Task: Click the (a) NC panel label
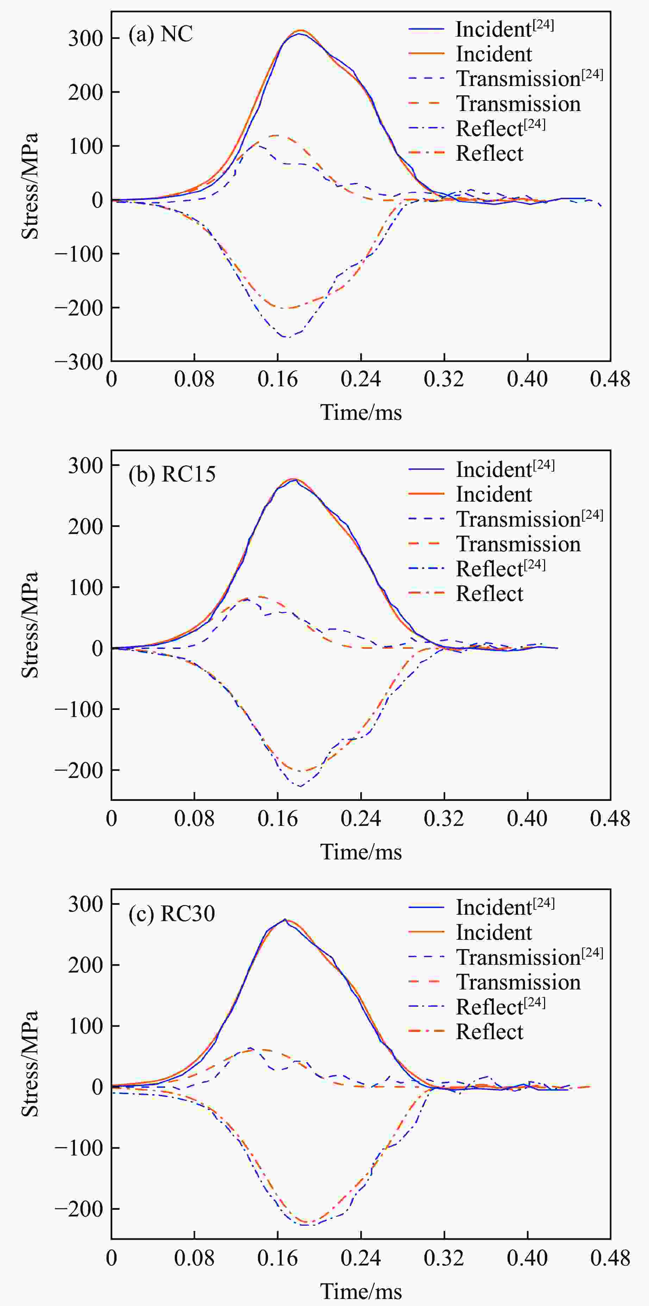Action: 160,35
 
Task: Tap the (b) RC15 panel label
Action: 172,474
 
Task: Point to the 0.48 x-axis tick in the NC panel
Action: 610,379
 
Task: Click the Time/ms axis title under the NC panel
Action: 361,412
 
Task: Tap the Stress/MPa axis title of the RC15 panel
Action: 30,625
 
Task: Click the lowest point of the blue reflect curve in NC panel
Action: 286,337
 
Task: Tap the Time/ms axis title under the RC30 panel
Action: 361,1291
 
